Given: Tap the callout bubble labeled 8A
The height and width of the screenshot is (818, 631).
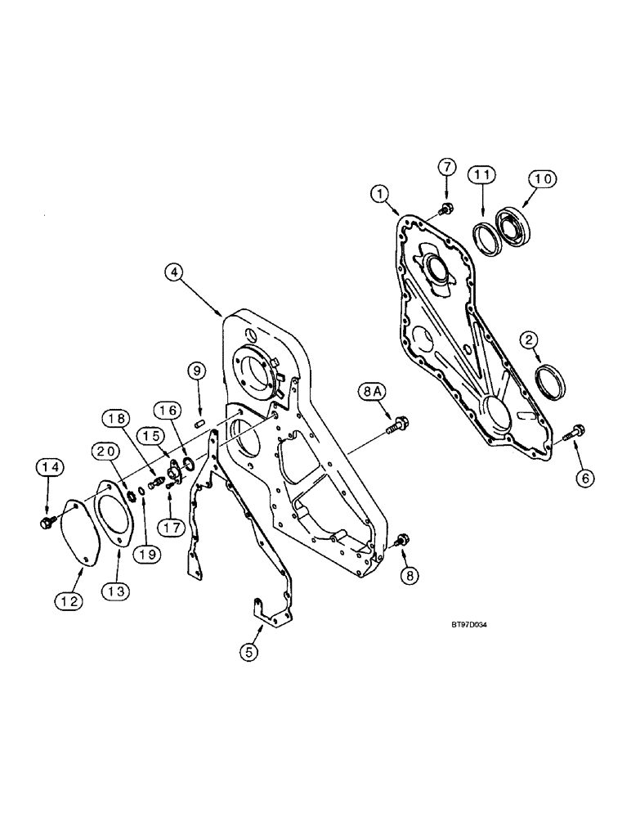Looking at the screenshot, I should click(x=369, y=393).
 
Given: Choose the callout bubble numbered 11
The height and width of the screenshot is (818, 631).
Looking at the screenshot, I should click(x=481, y=175).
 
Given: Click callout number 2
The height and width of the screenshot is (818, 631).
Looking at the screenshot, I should click(x=531, y=339).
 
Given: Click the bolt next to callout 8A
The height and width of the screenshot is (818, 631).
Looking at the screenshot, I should click(x=400, y=423).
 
